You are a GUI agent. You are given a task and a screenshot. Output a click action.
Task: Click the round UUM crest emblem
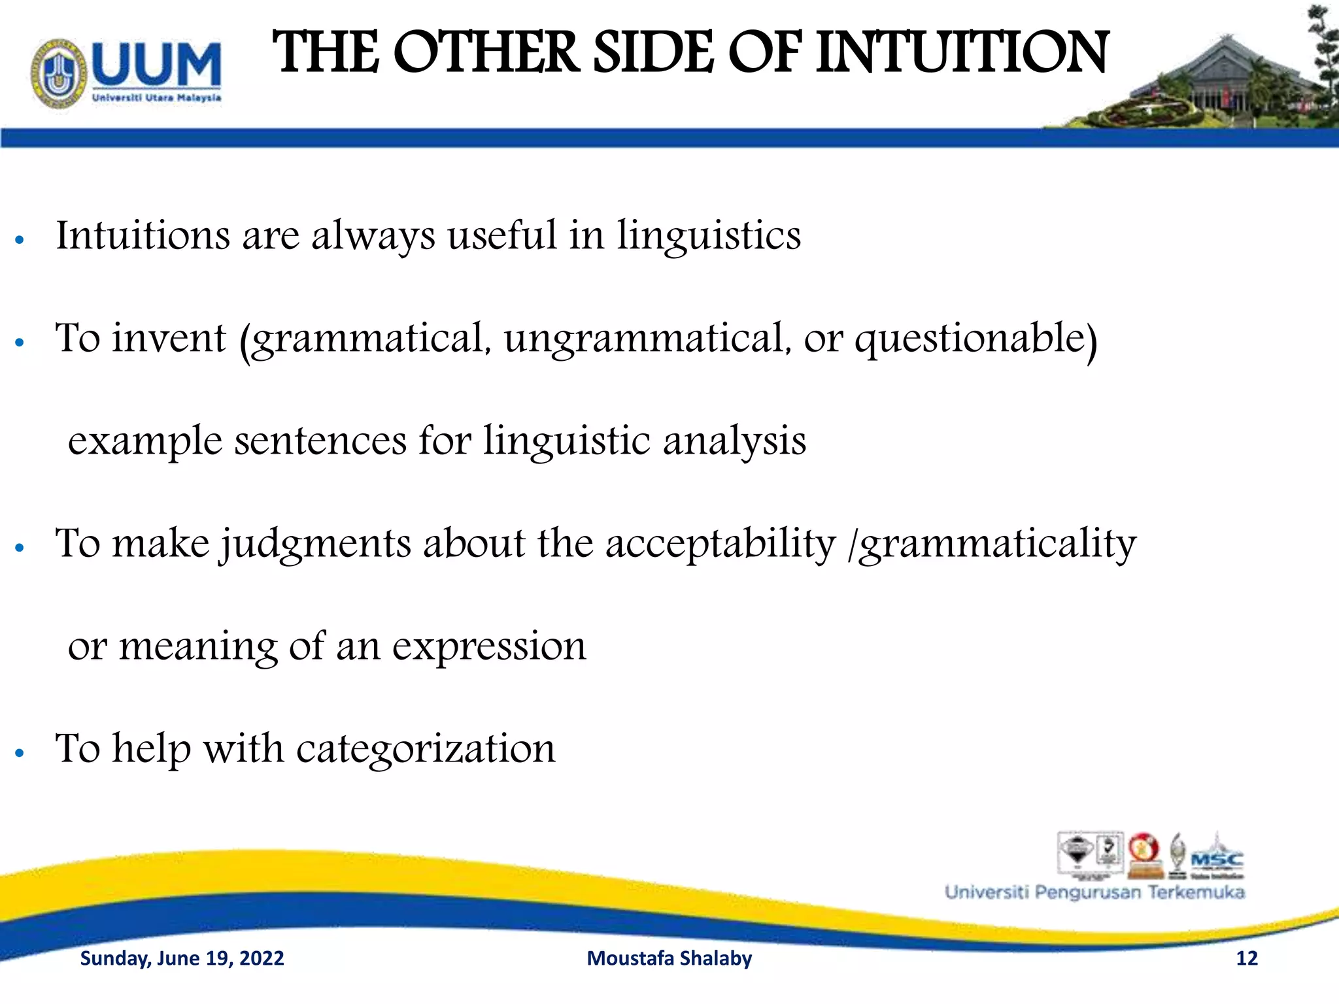(x=59, y=73)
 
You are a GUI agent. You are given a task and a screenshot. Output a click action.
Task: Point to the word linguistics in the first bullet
(x=709, y=235)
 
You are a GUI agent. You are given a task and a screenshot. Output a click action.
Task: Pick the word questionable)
(x=976, y=339)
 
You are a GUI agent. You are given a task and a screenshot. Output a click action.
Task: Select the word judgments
(x=315, y=544)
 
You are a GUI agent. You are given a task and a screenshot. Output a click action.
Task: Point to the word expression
(x=489, y=646)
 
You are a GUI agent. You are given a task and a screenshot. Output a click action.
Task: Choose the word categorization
(x=426, y=748)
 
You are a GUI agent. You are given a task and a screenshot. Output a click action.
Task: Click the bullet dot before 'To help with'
(x=20, y=753)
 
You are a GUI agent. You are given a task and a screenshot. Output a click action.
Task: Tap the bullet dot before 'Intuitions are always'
(x=20, y=240)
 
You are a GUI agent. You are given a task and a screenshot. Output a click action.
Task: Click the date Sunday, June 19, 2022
(x=182, y=958)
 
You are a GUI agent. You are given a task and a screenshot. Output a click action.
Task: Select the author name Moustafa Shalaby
(x=669, y=958)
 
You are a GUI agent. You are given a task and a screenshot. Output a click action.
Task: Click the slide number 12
(x=1247, y=958)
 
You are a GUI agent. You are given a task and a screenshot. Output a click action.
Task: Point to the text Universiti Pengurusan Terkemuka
(x=1094, y=892)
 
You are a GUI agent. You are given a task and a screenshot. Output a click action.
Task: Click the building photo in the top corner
(x=1210, y=78)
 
